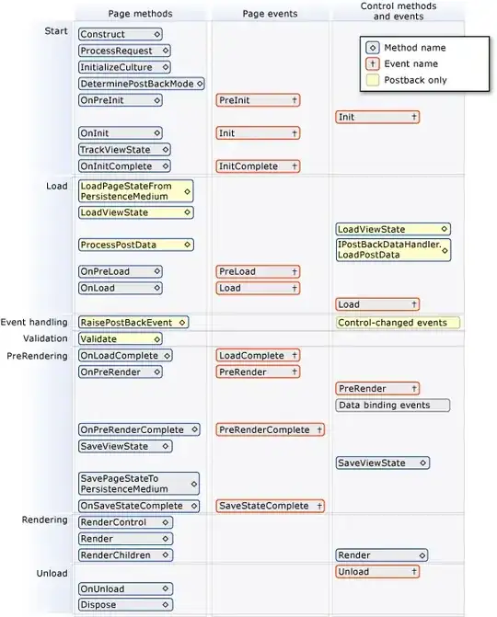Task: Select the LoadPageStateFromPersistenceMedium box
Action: tap(135, 190)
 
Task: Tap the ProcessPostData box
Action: tap(135, 245)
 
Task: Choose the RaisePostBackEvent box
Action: tap(133, 322)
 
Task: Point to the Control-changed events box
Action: tap(397, 323)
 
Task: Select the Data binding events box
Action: tap(393, 406)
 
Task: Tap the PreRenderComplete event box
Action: tap(270, 429)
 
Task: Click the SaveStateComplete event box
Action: tap(270, 506)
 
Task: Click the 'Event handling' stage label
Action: tap(34, 322)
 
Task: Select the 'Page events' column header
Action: tap(269, 14)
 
